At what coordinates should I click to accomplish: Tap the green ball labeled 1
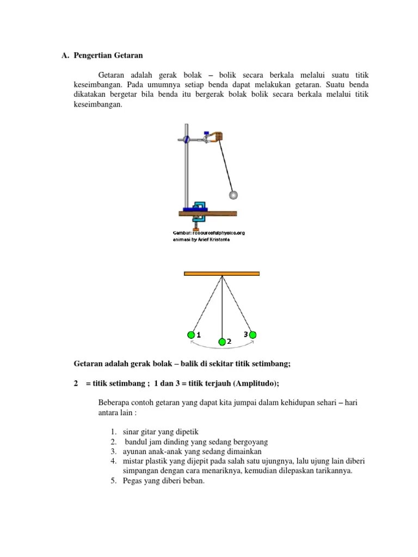point(191,335)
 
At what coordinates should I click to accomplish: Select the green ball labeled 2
point(222,342)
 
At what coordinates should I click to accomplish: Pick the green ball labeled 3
point(253,335)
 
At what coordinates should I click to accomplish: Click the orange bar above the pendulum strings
point(222,273)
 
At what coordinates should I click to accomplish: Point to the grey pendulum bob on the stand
point(233,194)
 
